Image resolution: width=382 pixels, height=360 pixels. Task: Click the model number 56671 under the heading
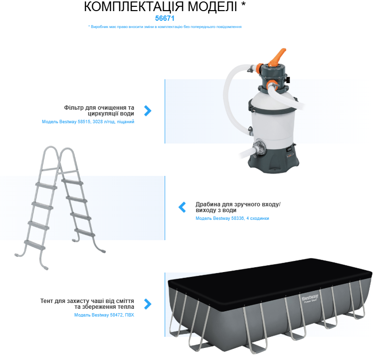(165, 18)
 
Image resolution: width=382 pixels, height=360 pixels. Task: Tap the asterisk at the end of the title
(243, 5)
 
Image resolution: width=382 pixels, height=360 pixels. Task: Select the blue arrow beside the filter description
(148, 111)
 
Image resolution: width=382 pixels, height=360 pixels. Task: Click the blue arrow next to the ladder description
(182, 207)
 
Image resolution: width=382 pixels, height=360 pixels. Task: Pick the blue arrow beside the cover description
(148, 304)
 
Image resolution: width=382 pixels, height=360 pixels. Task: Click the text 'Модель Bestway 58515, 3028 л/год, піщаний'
(88, 122)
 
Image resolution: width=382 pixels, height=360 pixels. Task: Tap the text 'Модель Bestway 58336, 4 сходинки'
(232, 218)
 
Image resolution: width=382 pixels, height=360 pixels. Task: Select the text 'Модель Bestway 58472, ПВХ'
(104, 315)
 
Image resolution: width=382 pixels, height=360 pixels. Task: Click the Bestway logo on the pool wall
(310, 298)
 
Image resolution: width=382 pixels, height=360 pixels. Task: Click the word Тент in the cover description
(46, 301)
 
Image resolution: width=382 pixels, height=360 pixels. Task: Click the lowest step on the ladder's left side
(34, 245)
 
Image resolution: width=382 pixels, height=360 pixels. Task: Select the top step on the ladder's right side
(72, 182)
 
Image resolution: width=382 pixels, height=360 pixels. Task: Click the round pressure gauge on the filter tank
(260, 147)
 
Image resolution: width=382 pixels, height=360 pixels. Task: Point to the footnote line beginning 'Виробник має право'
(165, 27)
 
